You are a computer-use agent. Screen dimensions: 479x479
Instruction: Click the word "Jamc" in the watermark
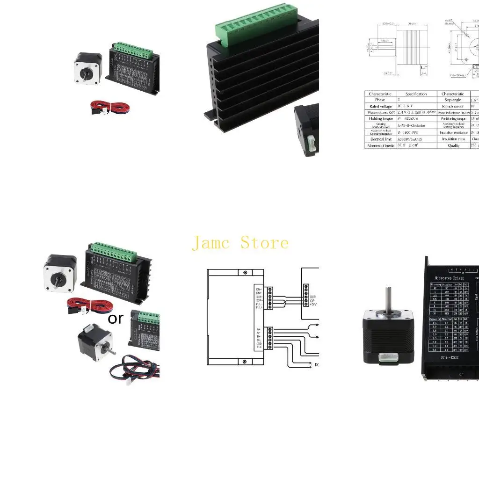coord(211,243)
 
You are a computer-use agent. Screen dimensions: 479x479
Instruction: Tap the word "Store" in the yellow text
coord(265,243)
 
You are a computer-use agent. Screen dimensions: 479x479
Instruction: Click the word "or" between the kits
coord(115,318)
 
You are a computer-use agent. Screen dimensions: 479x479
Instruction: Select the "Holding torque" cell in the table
coord(381,119)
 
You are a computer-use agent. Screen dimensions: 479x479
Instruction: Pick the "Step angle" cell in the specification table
coord(452,100)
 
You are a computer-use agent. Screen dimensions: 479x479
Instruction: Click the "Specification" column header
coord(416,94)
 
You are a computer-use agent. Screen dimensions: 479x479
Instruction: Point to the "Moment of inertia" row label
coord(381,145)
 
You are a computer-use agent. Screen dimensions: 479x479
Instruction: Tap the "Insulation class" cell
coord(452,139)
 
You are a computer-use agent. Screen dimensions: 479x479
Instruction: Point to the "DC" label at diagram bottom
coord(316,365)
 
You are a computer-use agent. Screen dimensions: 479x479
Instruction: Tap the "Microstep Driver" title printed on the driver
coord(449,278)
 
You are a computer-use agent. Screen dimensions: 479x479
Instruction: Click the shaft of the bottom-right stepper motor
coord(388,299)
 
